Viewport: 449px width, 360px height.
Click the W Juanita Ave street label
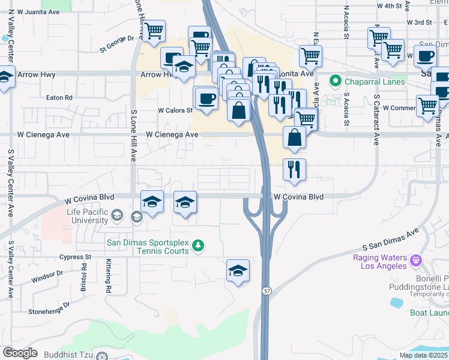[x=40, y=11]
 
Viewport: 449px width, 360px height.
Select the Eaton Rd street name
[x=59, y=97]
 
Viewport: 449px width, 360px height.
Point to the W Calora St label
[x=175, y=110]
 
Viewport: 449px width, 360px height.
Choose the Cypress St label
[x=75, y=257]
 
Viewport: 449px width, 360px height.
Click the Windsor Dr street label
[x=47, y=277]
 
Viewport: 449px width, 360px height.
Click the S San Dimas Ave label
[x=390, y=239]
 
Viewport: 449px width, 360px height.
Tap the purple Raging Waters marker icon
[x=415, y=260]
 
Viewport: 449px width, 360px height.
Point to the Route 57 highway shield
[x=265, y=290]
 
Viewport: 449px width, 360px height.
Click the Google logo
[x=20, y=353]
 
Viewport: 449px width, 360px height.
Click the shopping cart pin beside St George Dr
[x=154, y=31]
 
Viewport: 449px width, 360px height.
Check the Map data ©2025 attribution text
[x=422, y=355]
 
